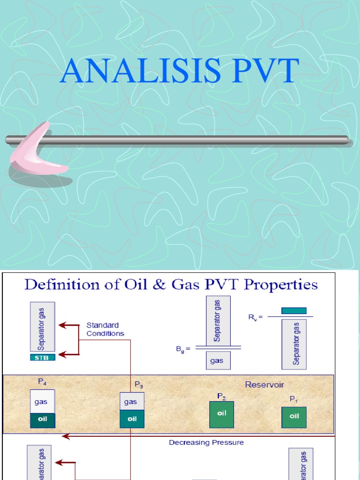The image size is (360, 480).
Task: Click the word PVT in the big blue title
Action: pos(261,71)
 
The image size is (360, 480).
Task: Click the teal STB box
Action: pos(43,357)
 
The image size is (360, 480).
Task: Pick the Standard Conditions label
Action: pos(105,329)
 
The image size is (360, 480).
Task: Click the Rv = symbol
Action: pos(255,317)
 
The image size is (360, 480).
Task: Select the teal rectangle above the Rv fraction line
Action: pos(294,310)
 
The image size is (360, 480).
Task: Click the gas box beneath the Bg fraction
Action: pos(217,361)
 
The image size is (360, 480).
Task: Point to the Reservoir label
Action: pos(264,385)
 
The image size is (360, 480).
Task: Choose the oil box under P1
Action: pos(294,417)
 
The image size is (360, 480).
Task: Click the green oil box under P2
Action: pos(221,414)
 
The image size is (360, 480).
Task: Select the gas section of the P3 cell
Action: pos(132,401)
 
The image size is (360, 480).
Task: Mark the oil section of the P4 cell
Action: pos(43,419)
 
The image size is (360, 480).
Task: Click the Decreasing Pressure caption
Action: pos(206,442)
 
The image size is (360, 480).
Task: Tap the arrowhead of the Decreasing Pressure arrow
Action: pos(66,436)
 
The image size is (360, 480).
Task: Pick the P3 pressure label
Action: pos(139,385)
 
